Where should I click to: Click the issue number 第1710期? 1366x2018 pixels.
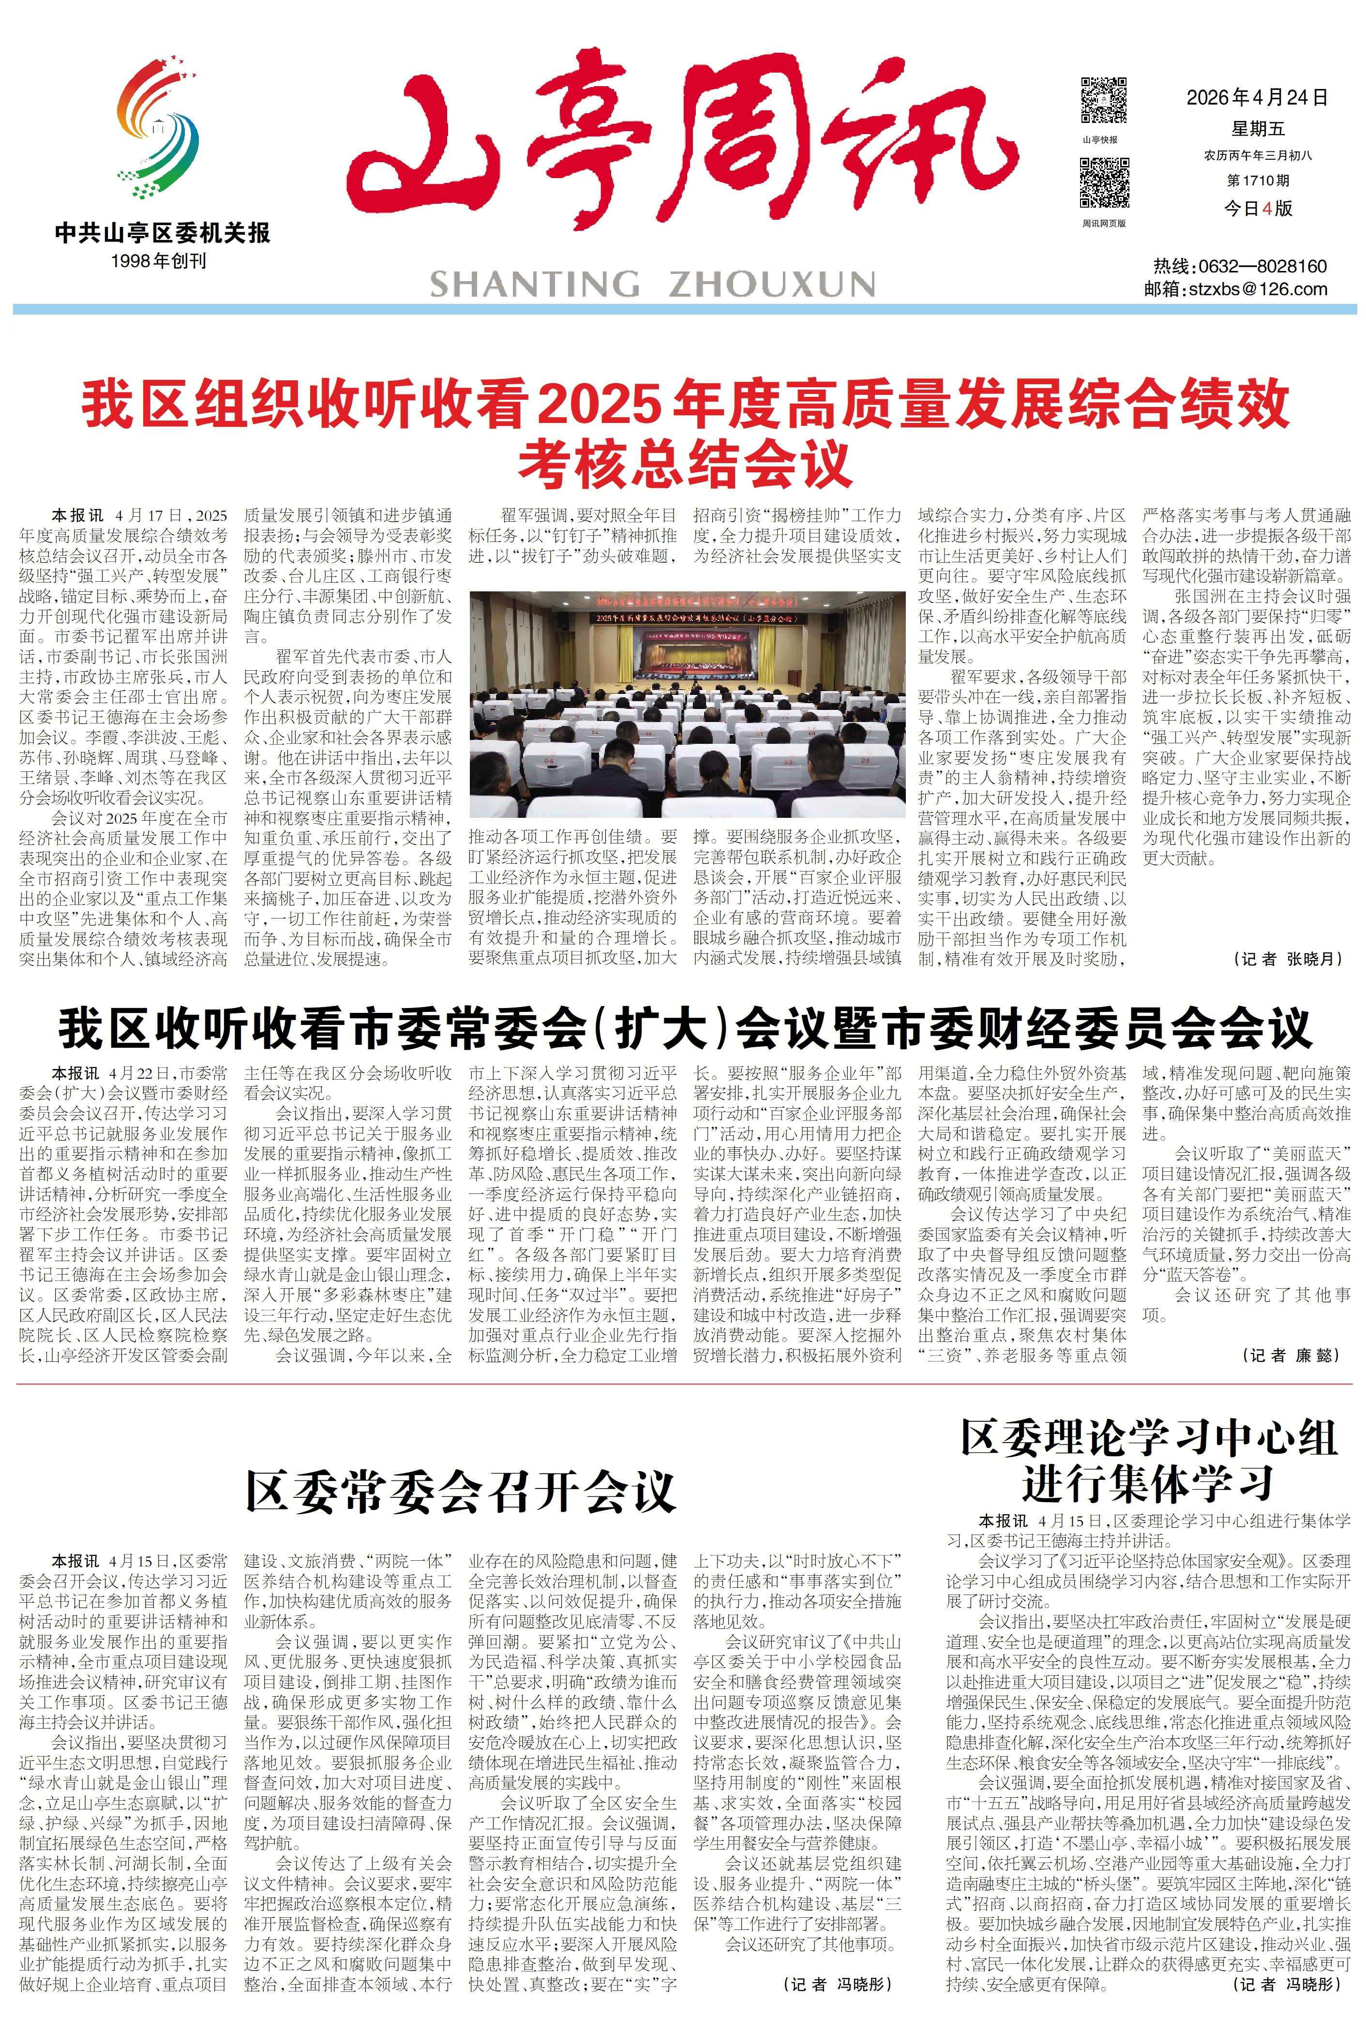pos(1258,181)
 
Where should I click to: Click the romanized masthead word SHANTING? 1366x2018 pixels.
pos(534,284)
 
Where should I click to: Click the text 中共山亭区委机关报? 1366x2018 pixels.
pos(163,233)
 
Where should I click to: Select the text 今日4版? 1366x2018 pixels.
pos(1258,209)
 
